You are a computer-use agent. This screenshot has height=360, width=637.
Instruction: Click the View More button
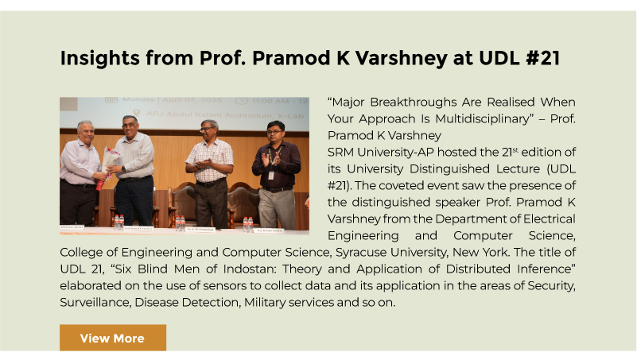[x=113, y=337]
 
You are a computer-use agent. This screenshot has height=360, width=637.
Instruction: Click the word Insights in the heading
[x=100, y=58]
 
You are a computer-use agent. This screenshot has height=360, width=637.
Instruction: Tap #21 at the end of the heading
[x=542, y=58]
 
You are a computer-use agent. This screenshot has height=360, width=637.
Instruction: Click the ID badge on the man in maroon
[x=271, y=176]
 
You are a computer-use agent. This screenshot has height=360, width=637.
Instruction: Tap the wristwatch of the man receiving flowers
[x=123, y=168]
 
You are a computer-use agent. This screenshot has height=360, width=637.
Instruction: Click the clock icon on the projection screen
[x=241, y=101]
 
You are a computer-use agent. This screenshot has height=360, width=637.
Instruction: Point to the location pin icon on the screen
[x=137, y=113]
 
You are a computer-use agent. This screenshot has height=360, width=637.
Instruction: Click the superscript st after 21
[x=515, y=149]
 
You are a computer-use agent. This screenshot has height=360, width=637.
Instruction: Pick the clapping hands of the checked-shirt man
[x=203, y=164]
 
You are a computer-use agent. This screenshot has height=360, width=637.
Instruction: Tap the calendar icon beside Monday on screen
[x=111, y=100]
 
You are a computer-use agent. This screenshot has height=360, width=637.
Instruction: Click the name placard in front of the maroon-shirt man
[x=269, y=230]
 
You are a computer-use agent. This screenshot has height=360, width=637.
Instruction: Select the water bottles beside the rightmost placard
[x=248, y=223]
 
